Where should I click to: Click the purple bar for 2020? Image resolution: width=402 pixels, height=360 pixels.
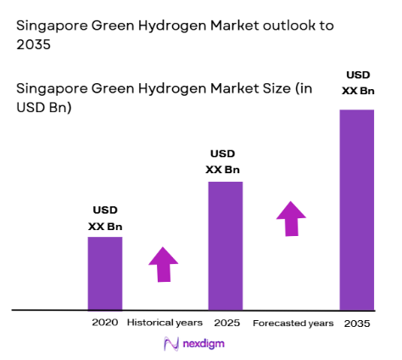[105, 273]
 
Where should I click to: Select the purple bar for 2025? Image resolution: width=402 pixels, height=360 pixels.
[225, 245]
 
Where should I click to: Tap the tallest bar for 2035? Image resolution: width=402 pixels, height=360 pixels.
[356, 209]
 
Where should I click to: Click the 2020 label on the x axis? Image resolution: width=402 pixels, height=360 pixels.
[105, 323]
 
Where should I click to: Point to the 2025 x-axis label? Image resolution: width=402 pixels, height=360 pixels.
[225, 323]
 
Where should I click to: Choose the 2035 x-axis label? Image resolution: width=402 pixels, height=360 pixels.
[358, 323]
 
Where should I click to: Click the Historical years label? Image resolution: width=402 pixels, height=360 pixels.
[165, 323]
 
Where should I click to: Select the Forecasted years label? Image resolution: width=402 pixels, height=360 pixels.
[292, 323]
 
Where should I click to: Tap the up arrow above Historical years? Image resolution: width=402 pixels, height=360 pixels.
[164, 264]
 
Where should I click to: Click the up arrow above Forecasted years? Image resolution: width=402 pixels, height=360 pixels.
[291, 218]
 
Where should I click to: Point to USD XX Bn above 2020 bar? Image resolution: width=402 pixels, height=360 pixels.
[105, 218]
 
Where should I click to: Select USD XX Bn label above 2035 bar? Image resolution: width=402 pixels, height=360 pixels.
[356, 82]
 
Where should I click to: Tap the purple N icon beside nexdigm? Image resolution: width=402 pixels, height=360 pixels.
[170, 344]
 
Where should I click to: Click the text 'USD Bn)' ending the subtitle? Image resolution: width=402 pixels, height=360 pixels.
[43, 107]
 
